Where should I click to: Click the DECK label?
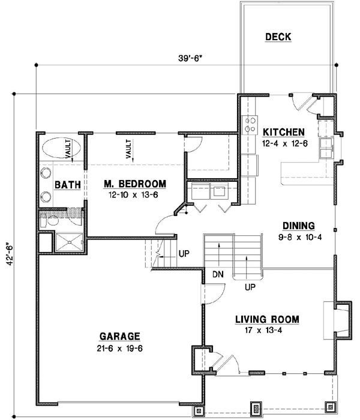278,37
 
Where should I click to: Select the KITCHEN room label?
284,132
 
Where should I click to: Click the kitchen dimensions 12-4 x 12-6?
284,143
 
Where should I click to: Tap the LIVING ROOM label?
267,319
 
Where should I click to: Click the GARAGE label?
120,336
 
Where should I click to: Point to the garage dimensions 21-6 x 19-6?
120,347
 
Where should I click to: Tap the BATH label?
67,185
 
